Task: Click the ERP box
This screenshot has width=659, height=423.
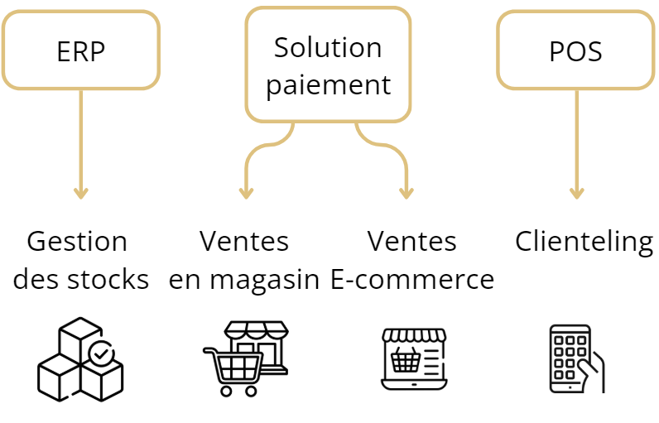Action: tap(80, 51)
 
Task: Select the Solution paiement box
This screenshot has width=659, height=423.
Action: tap(328, 65)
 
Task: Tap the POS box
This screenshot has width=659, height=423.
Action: tap(575, 51)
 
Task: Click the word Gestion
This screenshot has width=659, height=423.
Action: tap(77, 242)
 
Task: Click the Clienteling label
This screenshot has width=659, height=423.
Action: tap(584, 242)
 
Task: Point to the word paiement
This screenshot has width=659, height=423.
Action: tap(328, 84)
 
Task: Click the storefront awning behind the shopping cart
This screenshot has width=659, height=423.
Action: tap(257, 329)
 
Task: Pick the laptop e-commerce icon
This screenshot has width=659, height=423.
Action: tap(414, 358)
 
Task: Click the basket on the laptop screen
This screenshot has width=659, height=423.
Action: tap(406, 360)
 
